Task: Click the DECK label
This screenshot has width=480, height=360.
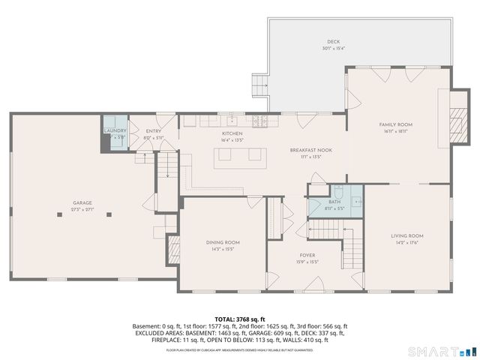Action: point(334,42)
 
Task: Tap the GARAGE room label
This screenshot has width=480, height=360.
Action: point(82,202)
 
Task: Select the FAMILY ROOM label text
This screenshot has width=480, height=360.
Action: point(395,124)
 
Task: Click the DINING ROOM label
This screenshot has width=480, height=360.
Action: point(223,242)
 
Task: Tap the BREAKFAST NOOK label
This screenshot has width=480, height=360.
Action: point(311,150)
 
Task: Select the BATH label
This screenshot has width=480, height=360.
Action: point(334,202)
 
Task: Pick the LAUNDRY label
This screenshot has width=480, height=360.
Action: point(115,130)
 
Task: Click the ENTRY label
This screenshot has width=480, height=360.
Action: point(154,131)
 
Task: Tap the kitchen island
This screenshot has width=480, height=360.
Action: point(240,156)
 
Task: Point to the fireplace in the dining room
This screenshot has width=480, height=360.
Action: point(174,249)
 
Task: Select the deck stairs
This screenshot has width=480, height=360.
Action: point(261,86)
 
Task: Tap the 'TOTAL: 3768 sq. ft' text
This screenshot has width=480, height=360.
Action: point(239,319)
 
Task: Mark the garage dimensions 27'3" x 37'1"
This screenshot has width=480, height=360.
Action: point(82,210)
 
